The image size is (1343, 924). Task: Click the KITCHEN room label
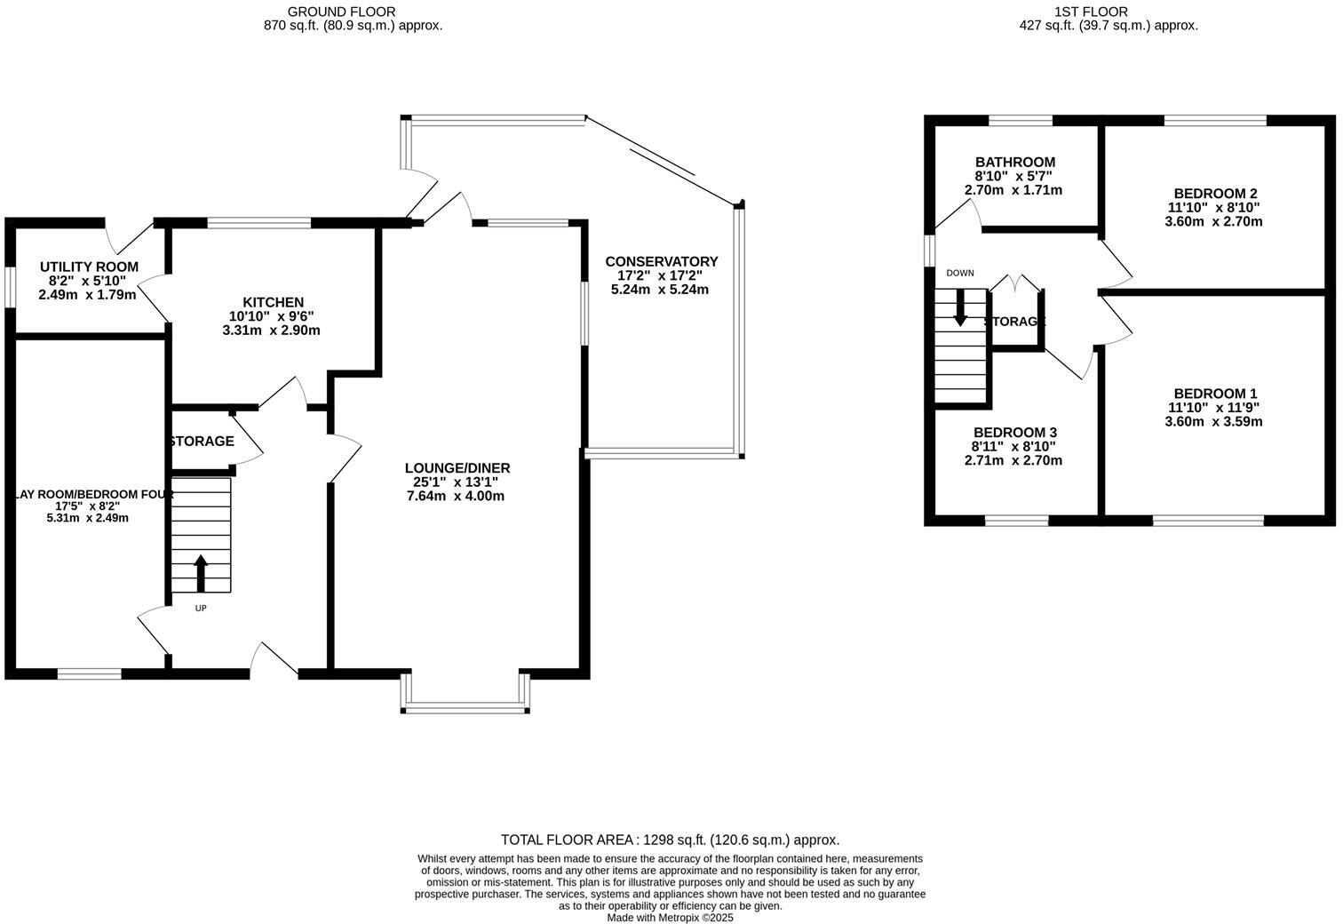(274, 302)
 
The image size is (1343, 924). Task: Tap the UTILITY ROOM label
(90, 267)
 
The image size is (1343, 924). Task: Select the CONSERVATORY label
(662, 261)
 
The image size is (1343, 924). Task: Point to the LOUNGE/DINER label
(457, 467)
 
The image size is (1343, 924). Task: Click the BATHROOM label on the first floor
(1015, 162)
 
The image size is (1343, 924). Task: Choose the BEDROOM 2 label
(1215, 194)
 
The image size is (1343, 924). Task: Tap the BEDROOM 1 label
(1215, 394)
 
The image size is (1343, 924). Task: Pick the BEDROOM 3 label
(1015, 433)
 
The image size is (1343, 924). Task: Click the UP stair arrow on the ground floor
(201, 573)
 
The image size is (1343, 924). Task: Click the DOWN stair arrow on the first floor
(960, 308)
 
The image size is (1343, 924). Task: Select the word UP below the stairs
(201, 608)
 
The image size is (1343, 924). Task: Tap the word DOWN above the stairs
(960, 273)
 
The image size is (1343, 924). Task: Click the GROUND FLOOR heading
(341, 12)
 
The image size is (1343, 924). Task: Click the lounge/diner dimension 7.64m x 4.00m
(456, 496)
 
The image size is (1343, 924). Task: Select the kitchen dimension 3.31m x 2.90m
(271, 331)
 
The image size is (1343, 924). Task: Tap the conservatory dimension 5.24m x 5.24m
(659, 290)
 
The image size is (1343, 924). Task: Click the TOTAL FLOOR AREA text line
(671, 840)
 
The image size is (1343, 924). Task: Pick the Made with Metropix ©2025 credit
(671, 918)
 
